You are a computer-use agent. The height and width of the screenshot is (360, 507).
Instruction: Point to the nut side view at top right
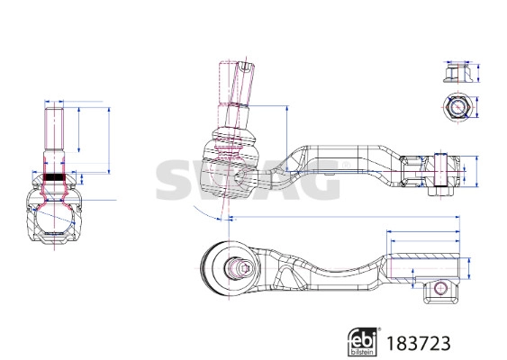tap(457, 71)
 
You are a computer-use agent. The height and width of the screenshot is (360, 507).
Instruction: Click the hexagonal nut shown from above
tap(457, 108)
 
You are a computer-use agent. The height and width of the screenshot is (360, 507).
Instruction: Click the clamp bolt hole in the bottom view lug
tap(440, 288)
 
